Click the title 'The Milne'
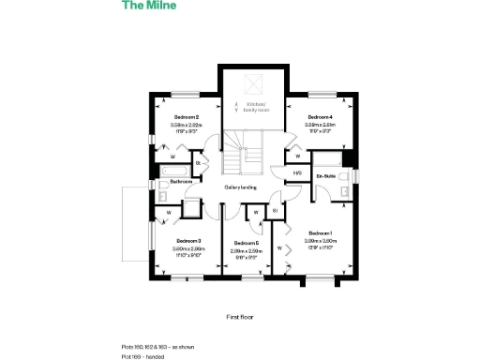point(148,6)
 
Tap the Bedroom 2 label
point(186,117)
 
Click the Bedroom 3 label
point(188,241)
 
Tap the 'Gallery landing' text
point(241,187)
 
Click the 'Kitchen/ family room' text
point(250,106)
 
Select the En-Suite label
point(326,175)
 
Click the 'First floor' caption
point(240,318)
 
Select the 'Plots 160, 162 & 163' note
point(156,347)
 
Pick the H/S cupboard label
point(296,172)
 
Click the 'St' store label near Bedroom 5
point(275,210)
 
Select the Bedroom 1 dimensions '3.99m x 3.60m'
point(321,241)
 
